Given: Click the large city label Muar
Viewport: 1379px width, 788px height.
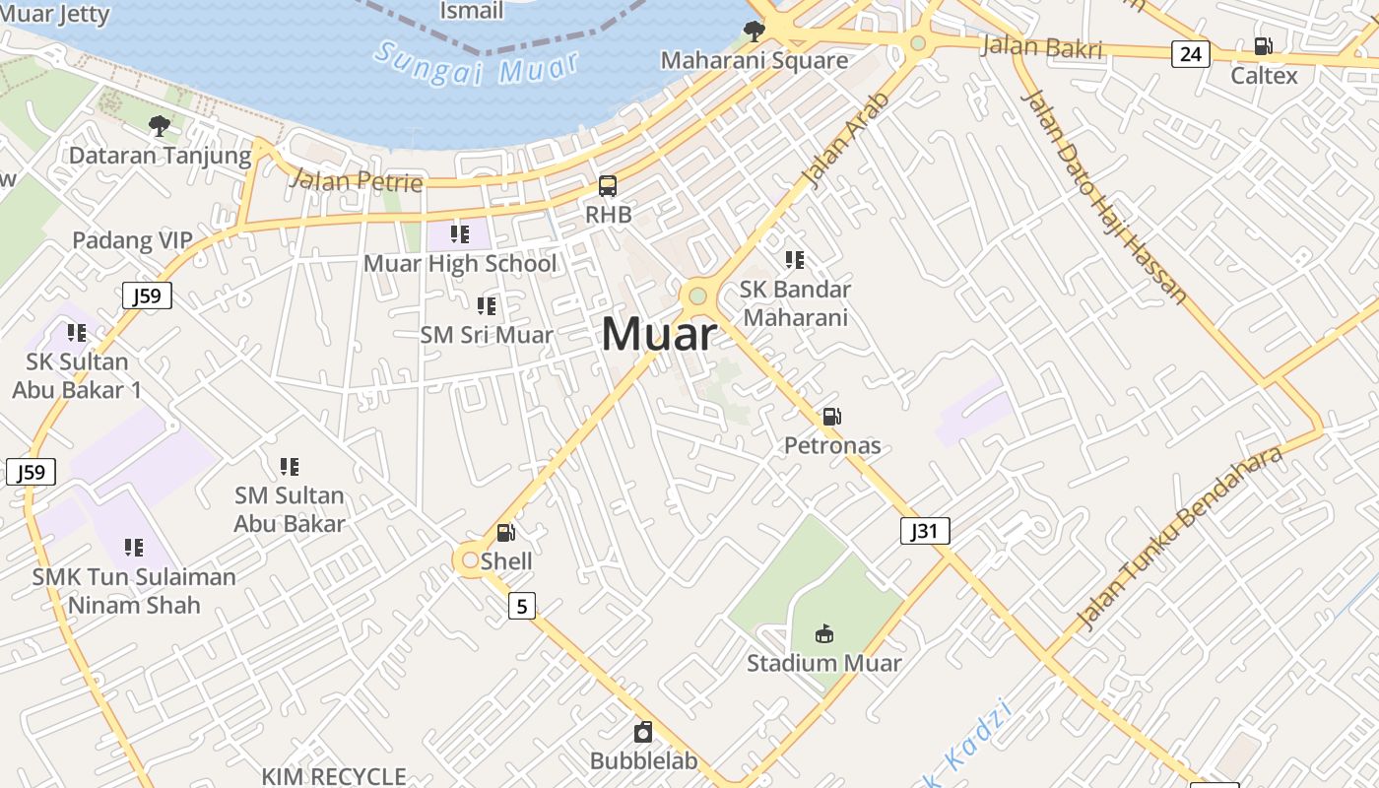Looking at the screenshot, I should pyautogui.click(x=658, y=335).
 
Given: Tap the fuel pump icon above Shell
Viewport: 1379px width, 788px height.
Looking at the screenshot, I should pyautogui.click(x=505, y=533).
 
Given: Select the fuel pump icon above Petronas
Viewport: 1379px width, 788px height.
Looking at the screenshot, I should pyautogui.click(x=832, y=417).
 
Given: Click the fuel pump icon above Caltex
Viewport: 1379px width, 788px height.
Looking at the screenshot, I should pyautogui.click(x=1263, y=45).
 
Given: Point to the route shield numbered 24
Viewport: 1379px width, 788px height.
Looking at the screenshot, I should pyautogui.click(x=1190, y=54).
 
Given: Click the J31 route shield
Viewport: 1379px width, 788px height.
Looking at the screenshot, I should pyautogui.click(x=924, y=532).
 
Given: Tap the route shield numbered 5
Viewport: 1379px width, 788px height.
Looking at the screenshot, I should pyautogui.click(x=521, y=605).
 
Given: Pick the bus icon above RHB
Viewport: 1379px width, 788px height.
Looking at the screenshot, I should pyautogui.click(x=608, y=185).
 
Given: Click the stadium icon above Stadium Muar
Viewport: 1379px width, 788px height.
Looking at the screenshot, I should pyautogui.click(x=824, y=633).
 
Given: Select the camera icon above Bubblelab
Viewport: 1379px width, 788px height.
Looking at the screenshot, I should pyautogui.click(x=643, y=732).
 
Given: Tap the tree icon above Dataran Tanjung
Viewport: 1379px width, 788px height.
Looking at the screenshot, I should pyautogui.click(x=159, y=125).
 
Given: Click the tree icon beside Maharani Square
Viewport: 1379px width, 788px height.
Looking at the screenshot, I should pyautogui.click(x=755, y=31).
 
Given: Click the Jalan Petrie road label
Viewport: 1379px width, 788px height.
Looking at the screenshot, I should pyautogui.click(x=357, y=180).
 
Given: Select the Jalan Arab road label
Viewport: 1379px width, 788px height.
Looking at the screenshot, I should pyautogui.click(x=845, y=139).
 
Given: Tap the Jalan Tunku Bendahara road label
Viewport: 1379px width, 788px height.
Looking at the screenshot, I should pyautogui.click(x=1180, y=537).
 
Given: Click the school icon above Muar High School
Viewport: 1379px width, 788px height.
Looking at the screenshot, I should pyautogui.click(x=459, y=234).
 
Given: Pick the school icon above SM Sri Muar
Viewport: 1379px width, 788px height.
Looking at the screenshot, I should pyautogui.click(x=486, y=306).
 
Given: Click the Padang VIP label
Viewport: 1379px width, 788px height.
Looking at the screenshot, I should pyautogui.click(x=132, y=241).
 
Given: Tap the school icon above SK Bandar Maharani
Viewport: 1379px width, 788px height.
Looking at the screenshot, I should pyautogui.click(x=795, y=260).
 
